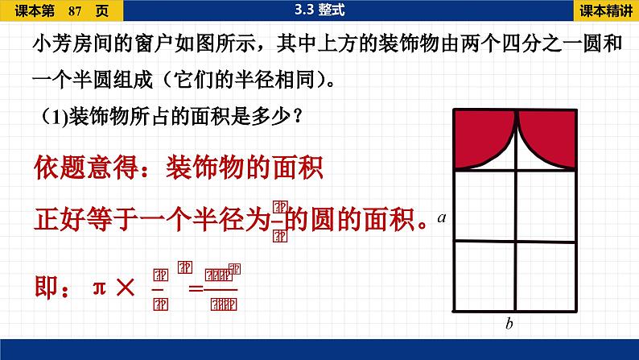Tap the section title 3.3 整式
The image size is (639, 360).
coord(319,10)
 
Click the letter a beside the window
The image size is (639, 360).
coord(442,218)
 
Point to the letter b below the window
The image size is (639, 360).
coord(509,325)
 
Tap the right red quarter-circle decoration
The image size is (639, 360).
coord(550,137)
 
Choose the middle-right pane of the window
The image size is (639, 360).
coord(546,205)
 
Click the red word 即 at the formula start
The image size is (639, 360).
coord(46,286)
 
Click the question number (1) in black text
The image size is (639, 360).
coord(53,116)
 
